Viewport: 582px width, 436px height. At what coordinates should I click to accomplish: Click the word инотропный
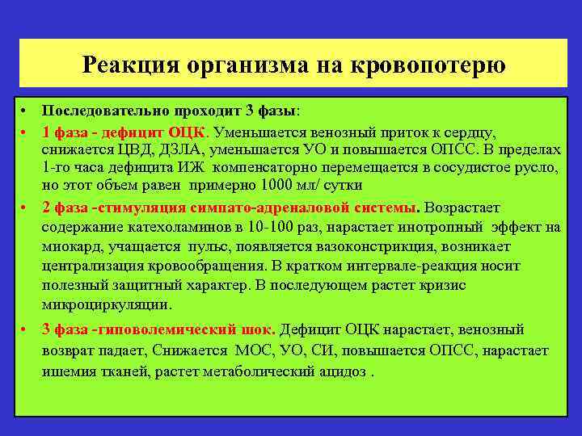(x=452, y=228)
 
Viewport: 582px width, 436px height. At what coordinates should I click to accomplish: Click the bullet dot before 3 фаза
(x=26, y=329)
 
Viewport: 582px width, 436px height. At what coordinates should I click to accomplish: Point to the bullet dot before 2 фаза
(x=26, y=207)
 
